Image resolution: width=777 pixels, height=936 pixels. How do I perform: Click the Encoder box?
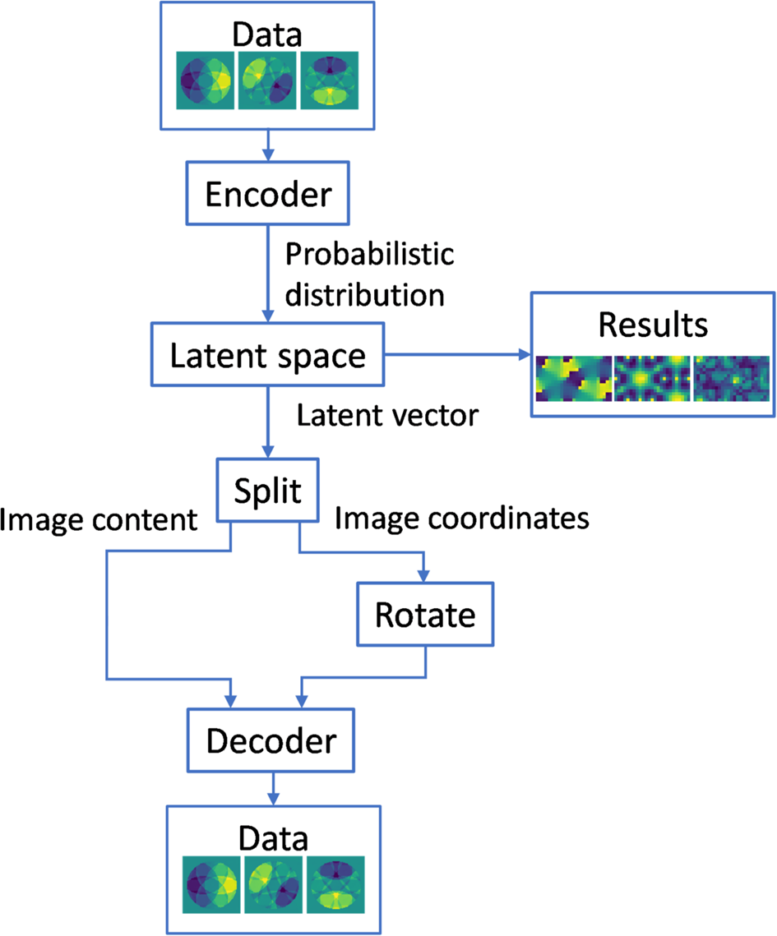pyautogui.click(x=268, y=195)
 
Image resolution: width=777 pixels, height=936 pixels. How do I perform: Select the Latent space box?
pyautogui.click(x=268, y=356)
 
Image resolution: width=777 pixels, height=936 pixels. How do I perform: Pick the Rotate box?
pyautogui.click(x=425, y=614)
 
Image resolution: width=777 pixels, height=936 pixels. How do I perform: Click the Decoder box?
pyautogui.click(x=271, y=741)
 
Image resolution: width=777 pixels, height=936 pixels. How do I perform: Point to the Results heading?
pyautogui.click(x=653, y=325)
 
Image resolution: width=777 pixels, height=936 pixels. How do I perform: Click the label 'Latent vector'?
pyautogui.click(x=386, y=416)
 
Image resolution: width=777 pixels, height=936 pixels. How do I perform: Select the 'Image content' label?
pyautogui.click(x=99, y=519)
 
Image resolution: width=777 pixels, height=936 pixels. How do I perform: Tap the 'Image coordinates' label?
pyautogui.click(x=462, y=518)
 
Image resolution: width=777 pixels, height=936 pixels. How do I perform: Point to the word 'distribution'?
pyautogui.click(x=365, y=294)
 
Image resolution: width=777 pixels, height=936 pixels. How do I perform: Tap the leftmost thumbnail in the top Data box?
pyautogui.click(x=206, y=81)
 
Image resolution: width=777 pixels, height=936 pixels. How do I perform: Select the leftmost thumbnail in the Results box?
pyautogui.click(x=574, y=379)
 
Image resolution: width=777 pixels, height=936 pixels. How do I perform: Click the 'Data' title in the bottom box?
pyautogui.click(x=273, y=839)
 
